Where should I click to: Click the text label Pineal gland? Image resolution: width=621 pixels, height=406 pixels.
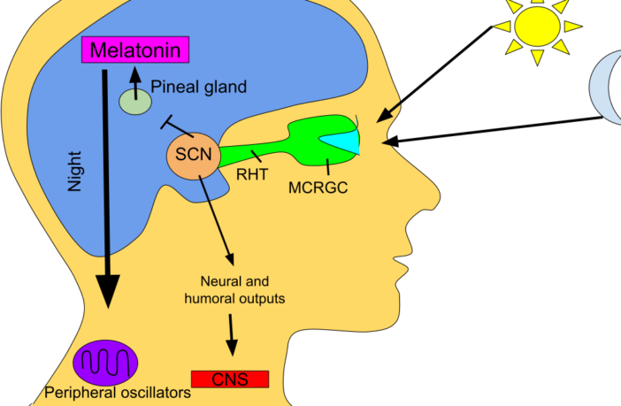pos(199,88)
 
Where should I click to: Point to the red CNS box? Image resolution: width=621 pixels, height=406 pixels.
pos(229,379)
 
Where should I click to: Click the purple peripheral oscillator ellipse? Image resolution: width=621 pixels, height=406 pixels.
pos(105,361)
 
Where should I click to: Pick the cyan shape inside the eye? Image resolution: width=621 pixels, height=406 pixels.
pos(341,142)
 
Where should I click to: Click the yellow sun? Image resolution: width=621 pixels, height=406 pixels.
pos(536,24)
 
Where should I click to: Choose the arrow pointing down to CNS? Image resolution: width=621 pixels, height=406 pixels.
pos(233,333)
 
